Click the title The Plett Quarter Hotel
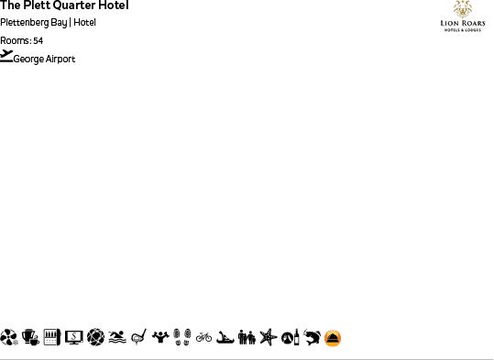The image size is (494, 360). (x=64, y=5)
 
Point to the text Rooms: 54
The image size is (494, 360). (x=21, y=40)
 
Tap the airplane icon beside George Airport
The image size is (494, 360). (x=6, y=56)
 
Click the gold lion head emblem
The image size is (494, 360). (x=462, y=8)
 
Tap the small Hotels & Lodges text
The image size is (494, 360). (x=462, y=29)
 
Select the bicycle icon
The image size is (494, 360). (x=203, y=337)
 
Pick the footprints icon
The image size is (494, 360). (x=181, y=337)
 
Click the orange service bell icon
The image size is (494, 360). (x=333, y=338)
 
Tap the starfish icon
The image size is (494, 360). (x=268, y=337)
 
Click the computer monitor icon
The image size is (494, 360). (x=73, y=337)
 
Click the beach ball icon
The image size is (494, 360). (x=9, y=337)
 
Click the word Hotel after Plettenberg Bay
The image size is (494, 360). (x=85, y=23)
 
